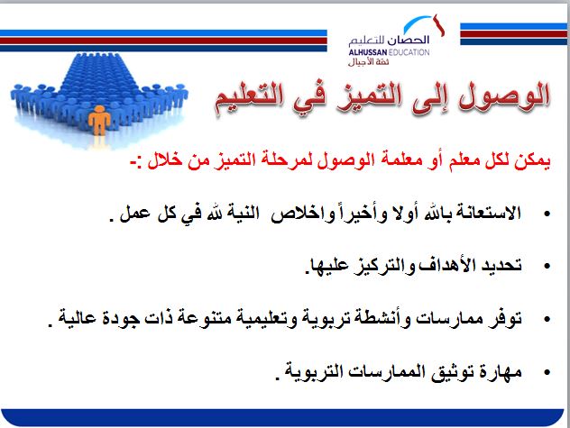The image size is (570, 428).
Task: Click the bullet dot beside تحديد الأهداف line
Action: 547,268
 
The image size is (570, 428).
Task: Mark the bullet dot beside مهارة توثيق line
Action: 547,370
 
